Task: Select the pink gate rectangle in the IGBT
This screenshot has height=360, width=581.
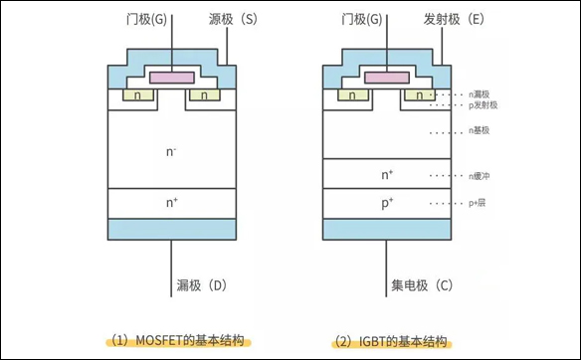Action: click(387, 78)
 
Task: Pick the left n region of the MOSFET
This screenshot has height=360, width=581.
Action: click(136, 96)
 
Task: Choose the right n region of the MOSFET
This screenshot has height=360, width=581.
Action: click(205, 96)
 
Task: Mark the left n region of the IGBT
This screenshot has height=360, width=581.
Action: click(352, 96)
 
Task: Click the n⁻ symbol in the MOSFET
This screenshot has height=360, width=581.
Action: click(172, 152)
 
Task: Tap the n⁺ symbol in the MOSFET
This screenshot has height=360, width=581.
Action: click(172, 203)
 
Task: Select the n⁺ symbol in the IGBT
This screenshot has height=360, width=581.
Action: click(388, 175)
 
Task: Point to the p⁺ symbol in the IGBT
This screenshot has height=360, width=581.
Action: click(388, 203)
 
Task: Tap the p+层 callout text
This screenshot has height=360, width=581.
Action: click(479, 203)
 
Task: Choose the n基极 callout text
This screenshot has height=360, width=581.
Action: click(479, 130)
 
